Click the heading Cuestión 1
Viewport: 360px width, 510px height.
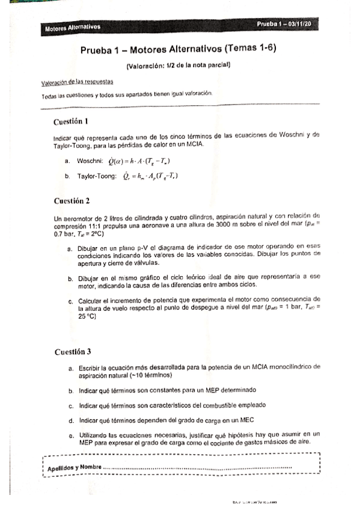coord(71,121)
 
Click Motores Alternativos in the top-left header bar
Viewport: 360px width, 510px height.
coord(72,27)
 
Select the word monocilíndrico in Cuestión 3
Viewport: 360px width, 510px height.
coord(282,367)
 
